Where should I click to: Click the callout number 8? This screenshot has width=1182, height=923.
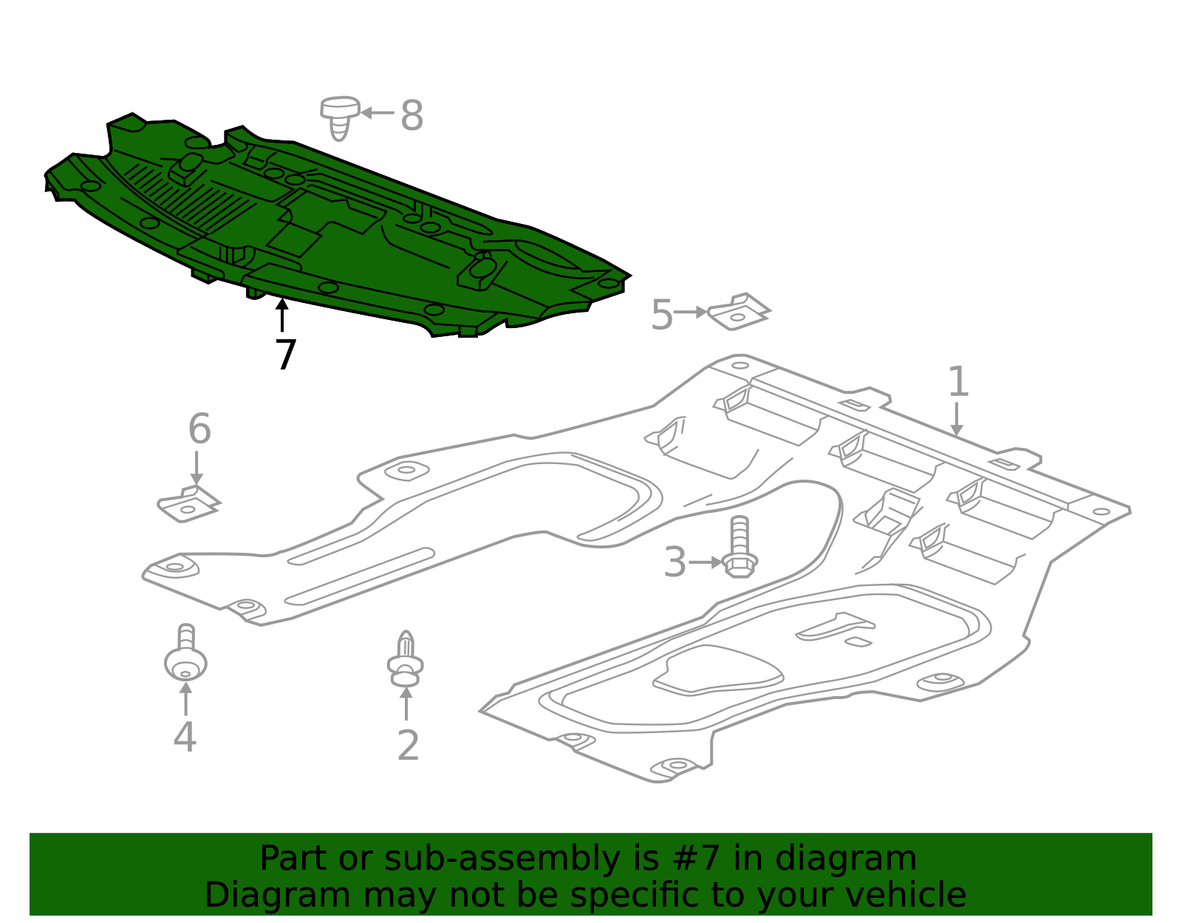pyautogui.click(x=411, y=115)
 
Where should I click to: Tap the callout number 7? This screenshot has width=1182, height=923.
pyautogui.click(x=286, y=354)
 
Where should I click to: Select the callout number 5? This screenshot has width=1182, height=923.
pyautogui.click(x=662, y=315)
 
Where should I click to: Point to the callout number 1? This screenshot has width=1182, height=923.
pyautogui.click(x=958, y=381)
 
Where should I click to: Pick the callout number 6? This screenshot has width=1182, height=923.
pyautogui.click(x=199, y=429)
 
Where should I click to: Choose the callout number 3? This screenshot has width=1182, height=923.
pyautogui.click(x=675, y=562)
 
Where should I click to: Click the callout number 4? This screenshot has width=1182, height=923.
pyautogui.click(x=185, y=737)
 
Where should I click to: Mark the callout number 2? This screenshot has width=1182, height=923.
pyautogui.click(x=408, y=745)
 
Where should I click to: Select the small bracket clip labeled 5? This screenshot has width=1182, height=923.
pyautogui.click(x=738, y=312)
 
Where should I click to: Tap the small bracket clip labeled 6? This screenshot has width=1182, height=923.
pyautogui.click(x=188, y=504)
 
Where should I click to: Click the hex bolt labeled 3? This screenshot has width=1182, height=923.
pyautogui.click(x=739, y=546)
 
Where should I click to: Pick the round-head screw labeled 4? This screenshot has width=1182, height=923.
pyautogui.click(x=186, y=653)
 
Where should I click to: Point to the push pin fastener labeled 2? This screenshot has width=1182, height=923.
pyautogui.click(x=406, y=659)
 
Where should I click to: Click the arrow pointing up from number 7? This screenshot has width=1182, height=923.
pyautogui.click(x=281, y=315)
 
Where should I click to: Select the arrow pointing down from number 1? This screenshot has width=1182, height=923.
pyautogui.click(x=956, y=419)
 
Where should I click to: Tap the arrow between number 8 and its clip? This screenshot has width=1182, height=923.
pyautogui.click(x=378, y=113)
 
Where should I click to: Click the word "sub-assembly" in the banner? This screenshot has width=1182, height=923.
pyautogui.click(x=502, y=858)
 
